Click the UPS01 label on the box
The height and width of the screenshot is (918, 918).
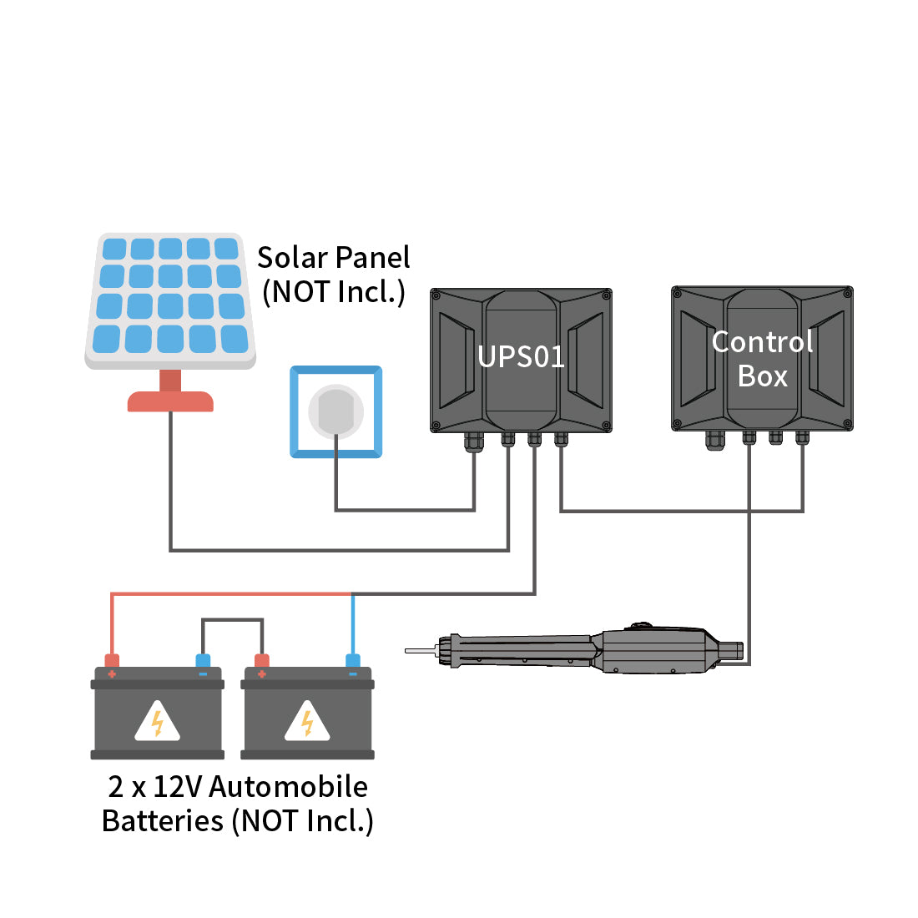[521, 357]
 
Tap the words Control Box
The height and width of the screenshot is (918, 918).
[762, 359]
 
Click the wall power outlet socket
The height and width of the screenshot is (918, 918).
[335, 411]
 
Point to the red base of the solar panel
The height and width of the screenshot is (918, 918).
[170, 401]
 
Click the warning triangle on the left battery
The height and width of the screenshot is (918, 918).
[157, 723]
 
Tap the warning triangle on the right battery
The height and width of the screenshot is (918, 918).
[307, 723]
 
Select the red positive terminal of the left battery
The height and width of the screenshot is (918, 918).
[112, 662]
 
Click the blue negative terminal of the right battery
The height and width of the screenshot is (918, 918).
[353, 662]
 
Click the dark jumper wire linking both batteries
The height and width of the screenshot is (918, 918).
[233, 620]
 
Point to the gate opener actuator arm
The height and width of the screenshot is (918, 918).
[584, 652]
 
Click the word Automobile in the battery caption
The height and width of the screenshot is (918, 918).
[289, 787]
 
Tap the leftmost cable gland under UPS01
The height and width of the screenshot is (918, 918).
[474, 441]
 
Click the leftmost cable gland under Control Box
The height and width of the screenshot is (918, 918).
[715, 440]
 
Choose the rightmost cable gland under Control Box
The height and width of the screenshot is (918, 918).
[802, 437]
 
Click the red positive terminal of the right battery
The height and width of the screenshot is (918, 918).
[262, 662]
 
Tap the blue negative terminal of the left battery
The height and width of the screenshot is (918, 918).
[203, 662]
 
